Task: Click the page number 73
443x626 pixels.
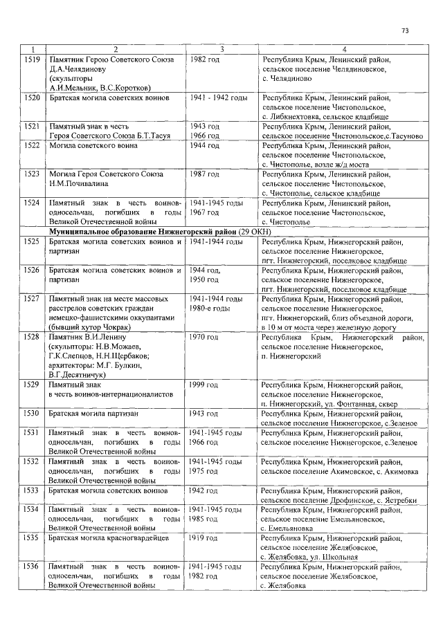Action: [x=405, y=31]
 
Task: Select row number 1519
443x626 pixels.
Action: [x=31, y=60]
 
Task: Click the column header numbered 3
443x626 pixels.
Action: [x=221, y=50]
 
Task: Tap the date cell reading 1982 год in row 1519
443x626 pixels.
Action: [x=205, y=60]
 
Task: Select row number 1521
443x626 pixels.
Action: [x=31, y=127]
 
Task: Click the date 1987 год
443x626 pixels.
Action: [x=205, y=174]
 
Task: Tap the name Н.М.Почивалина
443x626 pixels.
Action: [x=80, y=183]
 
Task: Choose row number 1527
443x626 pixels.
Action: [x=31, y=298]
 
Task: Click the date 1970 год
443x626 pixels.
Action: [x=205, y=337]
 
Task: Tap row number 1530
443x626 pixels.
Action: [x=31, y=413]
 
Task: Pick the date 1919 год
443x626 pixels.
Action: [x=205, y=537]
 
